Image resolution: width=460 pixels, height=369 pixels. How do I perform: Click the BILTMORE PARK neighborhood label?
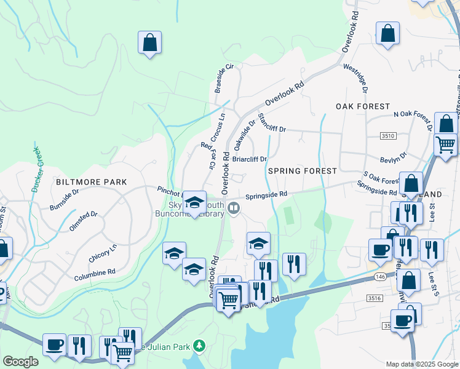tap(91, 182)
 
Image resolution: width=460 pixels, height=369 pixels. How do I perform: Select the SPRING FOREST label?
tap(303, 170)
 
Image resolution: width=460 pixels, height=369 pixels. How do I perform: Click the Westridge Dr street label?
tap(355, 78)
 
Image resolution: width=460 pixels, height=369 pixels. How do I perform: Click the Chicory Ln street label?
tap(103, 249)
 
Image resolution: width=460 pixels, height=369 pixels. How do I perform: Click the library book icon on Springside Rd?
tap(234, 208)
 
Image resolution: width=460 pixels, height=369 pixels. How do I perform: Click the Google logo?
tap(21, 361)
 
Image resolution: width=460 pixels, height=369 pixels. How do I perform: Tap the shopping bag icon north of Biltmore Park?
tap(149, 42)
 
